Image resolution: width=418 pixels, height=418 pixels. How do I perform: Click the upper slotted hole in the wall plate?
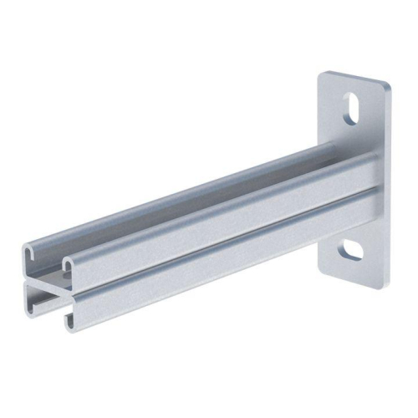click(x=351, y=110)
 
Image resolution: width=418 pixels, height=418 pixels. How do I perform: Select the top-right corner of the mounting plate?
click(x=386, y=84)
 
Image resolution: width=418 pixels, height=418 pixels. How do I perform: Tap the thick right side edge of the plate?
click(x=387, y=184)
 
